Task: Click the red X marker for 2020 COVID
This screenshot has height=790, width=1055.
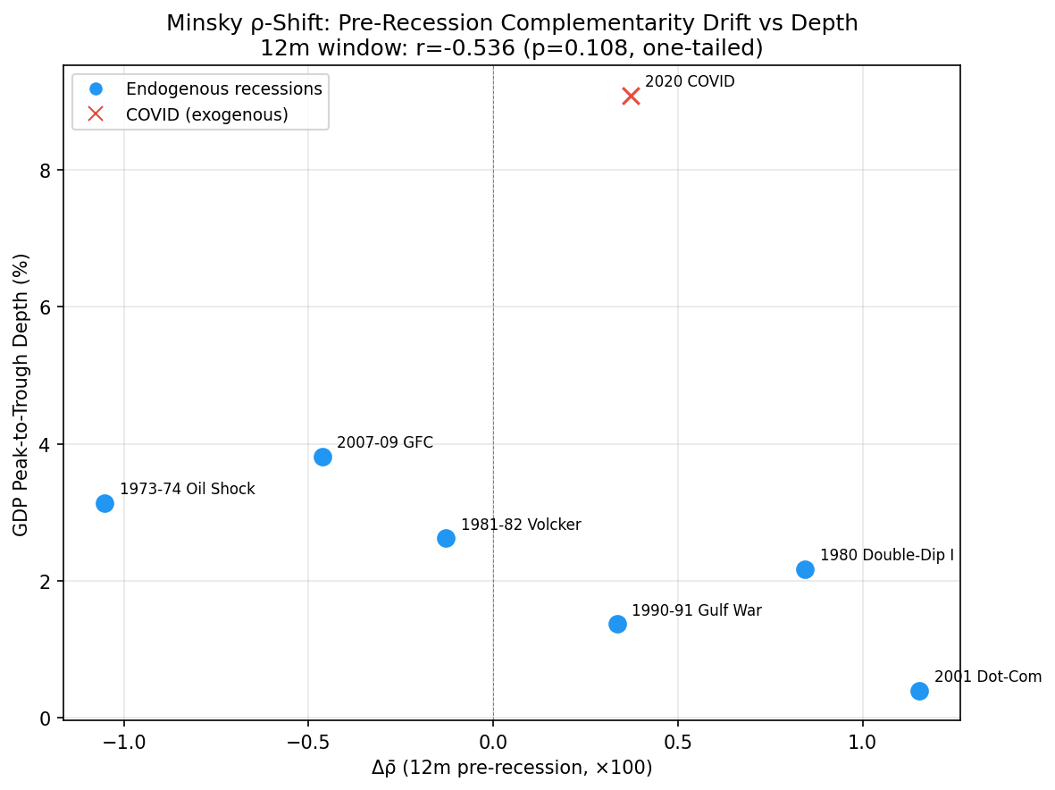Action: pos(631,97)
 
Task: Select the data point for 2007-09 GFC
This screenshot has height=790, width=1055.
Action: pos(322,457)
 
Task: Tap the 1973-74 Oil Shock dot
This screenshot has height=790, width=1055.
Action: pos(105,503)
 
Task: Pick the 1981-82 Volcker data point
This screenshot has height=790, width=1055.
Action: pos(446,538)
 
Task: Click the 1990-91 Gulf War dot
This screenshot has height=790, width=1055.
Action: pos(617,624)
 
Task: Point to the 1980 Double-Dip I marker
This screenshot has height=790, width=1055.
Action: pos(805,569)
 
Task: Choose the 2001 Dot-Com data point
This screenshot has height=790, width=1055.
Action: pos(919,691)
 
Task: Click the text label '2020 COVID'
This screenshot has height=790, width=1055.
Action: pos(689,82)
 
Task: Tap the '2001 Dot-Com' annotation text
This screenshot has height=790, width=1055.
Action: pos(987,677)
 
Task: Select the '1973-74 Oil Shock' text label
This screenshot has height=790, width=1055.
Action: pos(187,490)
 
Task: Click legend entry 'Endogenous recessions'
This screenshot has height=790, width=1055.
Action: pos(223,89)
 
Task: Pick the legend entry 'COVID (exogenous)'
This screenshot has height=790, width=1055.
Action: pos(206,115)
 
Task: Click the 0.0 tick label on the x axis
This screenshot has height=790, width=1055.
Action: pos(493,742)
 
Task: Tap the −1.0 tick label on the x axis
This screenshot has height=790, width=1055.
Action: pos(122,742)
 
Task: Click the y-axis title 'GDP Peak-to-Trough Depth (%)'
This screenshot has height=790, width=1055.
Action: pos(21,394)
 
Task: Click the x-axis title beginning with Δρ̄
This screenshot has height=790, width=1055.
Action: pos(512,769)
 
